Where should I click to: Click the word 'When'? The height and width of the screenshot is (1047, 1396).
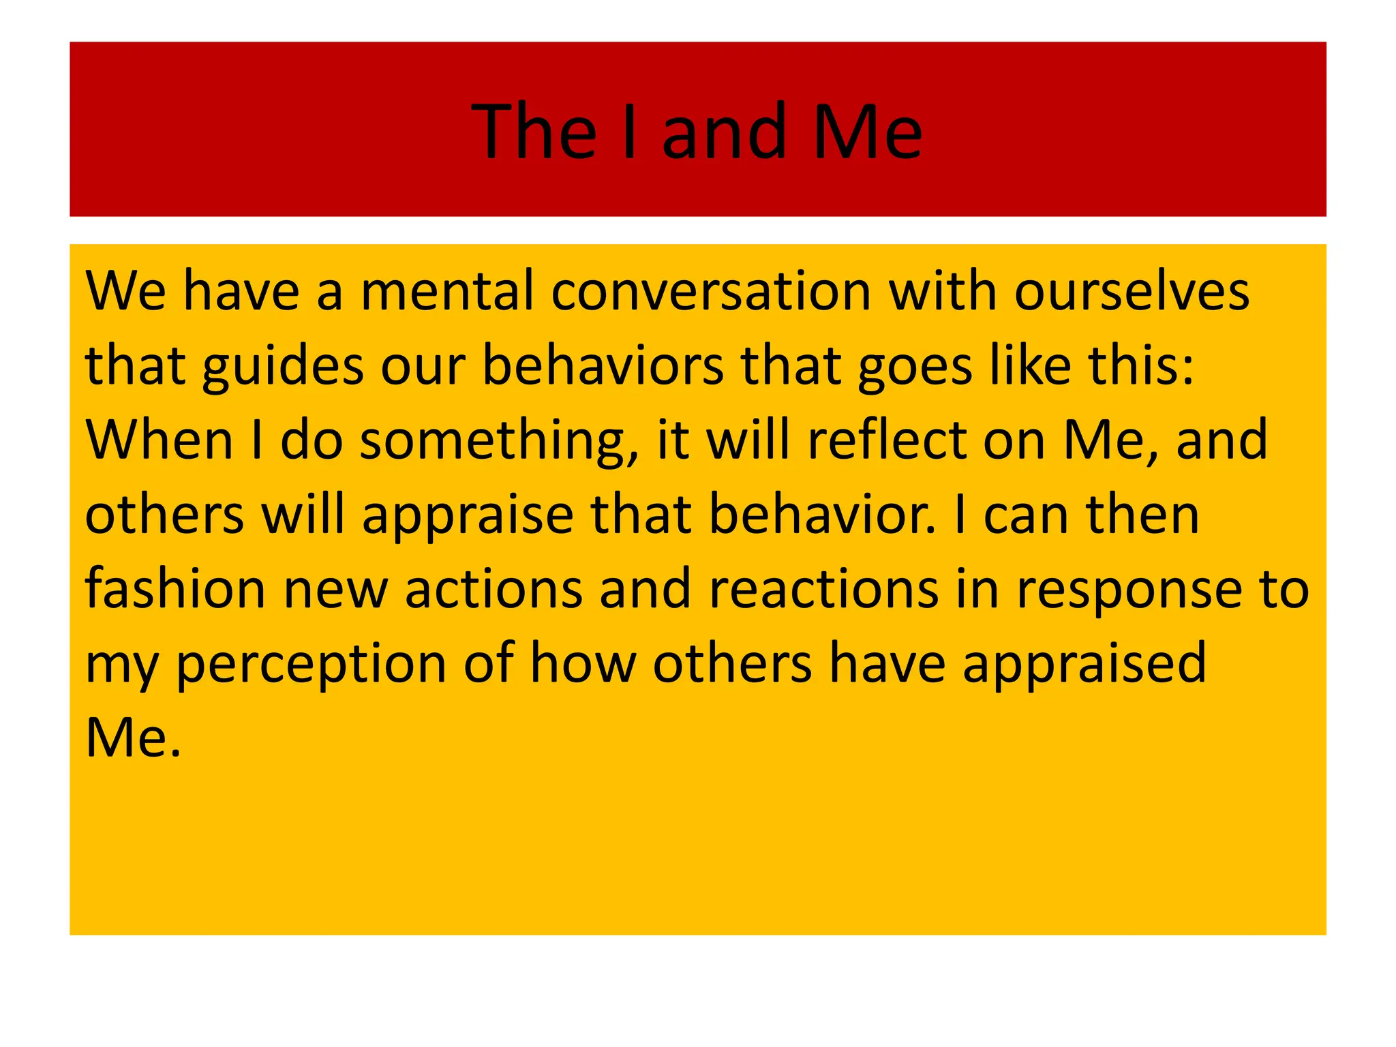160,440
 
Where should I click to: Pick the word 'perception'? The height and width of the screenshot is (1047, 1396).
311,666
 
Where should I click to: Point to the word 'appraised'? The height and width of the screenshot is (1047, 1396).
1084,666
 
